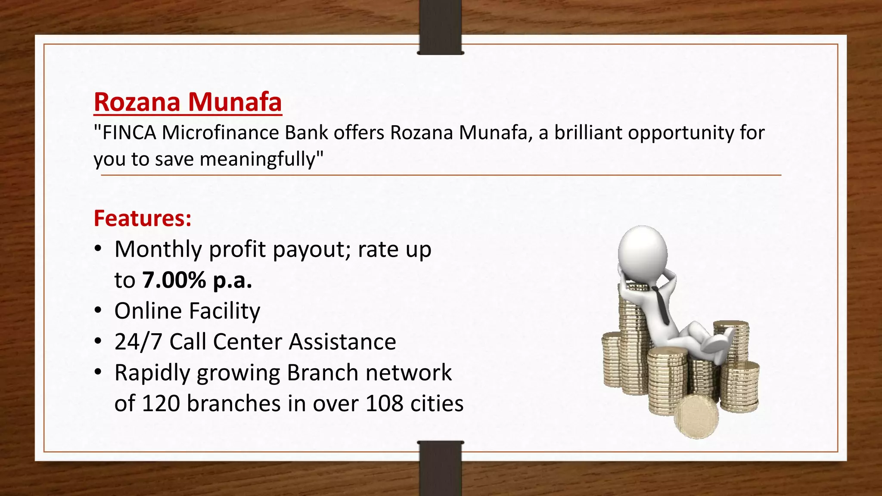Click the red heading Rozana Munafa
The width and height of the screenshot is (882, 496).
pyautogui.click(x=188, y=102)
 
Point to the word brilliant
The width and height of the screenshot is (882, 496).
pyautogui.click(x=588, y=133)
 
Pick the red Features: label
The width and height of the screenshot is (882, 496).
pyautogui.click(x=143, y=218)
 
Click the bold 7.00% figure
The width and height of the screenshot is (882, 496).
pyautogui.click(x=174, y=280)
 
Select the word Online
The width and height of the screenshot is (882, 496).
pyautogui.click(x=148, y=311)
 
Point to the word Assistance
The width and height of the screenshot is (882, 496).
pyautogui.click(x=342, y=342)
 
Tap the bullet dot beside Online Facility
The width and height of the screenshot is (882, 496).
pyautogui.click(x=99, y=310)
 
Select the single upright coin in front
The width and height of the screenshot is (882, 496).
pyautogui.click(x=696, y=417)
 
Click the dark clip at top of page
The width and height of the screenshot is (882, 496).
pyautogui.click(x=441, y=27)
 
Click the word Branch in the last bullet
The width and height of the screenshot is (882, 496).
pyautogui.click(x=322, y=373)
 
